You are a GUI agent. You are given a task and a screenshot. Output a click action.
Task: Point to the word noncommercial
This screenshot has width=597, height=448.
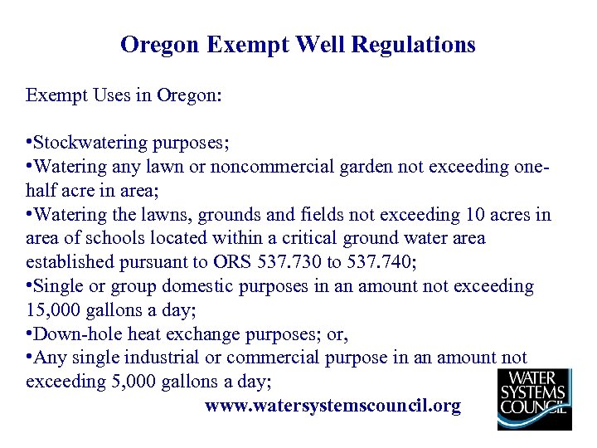(x=271, y=167)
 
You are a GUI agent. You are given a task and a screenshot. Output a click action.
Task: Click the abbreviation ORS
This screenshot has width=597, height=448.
(x=227, y=263)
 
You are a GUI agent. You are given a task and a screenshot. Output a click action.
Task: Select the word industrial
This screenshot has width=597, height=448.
(x=173, y=358)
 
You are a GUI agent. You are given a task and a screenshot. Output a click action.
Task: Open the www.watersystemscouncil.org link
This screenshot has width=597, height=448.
(x=332, y=406)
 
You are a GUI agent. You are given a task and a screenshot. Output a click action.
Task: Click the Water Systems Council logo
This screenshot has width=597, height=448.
(x=533, y=398)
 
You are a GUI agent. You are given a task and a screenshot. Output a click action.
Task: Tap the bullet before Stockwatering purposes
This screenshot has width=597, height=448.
(x=29, y=143)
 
